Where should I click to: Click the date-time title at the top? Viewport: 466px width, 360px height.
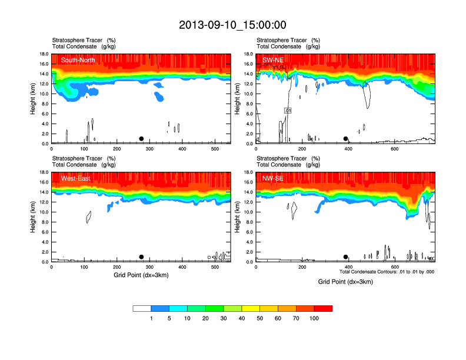point(232,25)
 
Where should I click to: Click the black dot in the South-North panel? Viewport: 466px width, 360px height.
point(141,139)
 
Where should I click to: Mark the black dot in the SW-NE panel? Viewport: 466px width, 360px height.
point(346,139)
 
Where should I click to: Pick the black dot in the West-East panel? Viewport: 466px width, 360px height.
point(141,257)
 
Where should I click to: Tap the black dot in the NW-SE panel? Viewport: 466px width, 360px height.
point(346,257)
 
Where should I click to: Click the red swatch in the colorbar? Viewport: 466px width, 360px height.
point(323,308)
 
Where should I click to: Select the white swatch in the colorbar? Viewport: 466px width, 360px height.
point(142,308)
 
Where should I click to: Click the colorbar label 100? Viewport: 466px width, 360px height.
point(313,318)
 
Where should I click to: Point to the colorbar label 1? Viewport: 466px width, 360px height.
point(152,318)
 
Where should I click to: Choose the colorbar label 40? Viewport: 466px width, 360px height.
point(242,318)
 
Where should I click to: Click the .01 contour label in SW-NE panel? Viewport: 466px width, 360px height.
point(288,111)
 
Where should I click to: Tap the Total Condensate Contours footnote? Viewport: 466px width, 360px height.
point(387,272)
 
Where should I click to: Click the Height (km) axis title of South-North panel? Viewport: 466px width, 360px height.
point(33,99)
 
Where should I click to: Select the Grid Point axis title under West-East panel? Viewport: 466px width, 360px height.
point(141,275)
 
